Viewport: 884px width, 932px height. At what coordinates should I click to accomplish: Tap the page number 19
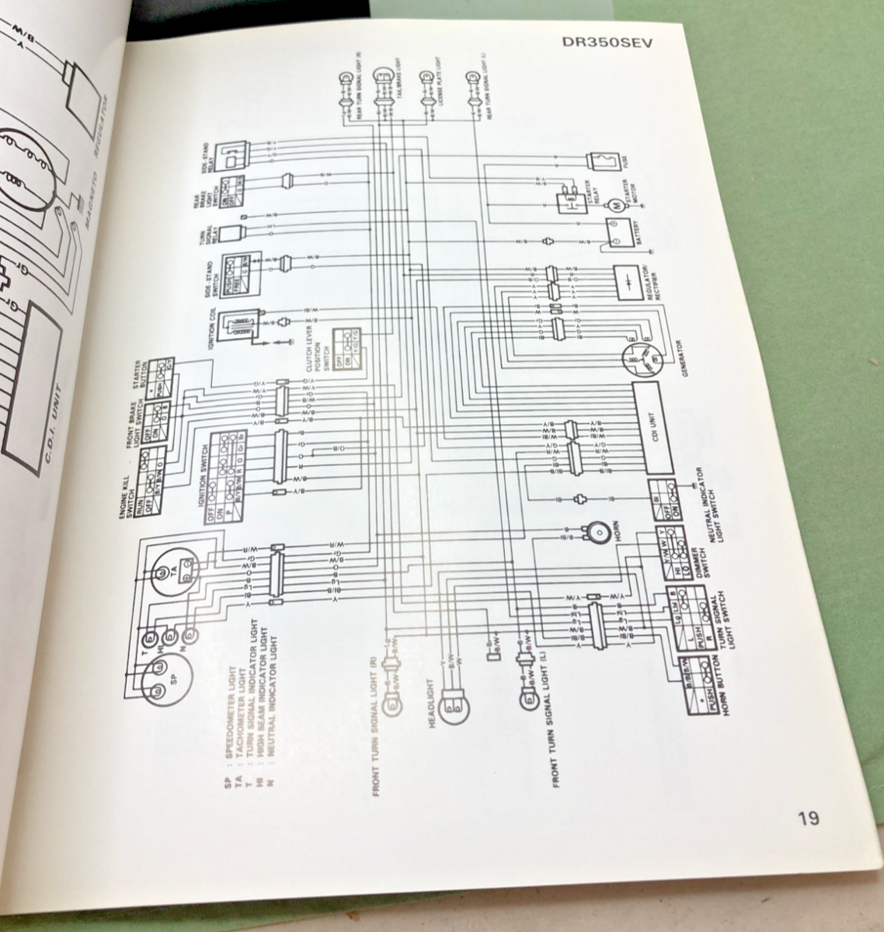pyautogui.click(x=807, y=818)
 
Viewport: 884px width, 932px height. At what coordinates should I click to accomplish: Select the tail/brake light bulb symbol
pyautogui.click(x=384, y=75)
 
